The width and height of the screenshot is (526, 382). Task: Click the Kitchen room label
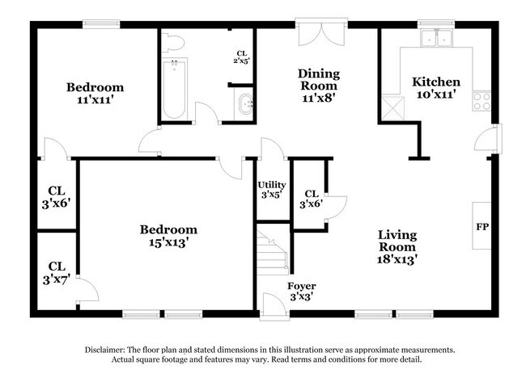(x=435, y=88)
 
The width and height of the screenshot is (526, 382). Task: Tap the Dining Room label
(x=319, y=85)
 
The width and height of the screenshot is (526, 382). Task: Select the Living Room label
(x=397, y=247)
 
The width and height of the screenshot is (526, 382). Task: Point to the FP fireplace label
(x=482, y=227)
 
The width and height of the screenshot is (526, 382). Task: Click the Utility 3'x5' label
(x=272, y=190)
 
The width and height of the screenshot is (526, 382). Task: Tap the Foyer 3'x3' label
(x=302, y=292)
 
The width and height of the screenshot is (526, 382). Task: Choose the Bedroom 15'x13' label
(x=168, y=236)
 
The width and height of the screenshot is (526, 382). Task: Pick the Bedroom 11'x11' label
(x=95, y=93)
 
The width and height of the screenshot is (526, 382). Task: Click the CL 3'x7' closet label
(x=57, y=273)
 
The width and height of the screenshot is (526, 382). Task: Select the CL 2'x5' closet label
(x=241, y=57)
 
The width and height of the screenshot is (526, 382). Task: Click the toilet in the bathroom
(x=172, y=43)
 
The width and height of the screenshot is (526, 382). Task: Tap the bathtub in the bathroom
(x=174, y=88)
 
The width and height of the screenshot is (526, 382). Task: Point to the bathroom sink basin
(x=245, y=104)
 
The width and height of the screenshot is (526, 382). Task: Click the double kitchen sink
(x=436, y=38)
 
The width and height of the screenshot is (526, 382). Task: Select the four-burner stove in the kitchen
(x=481, y=102)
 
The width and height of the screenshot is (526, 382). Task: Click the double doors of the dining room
(x=321, y=32)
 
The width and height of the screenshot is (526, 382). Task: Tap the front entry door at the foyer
(x=274, y=306)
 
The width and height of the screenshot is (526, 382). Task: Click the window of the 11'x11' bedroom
(x=101, y=23)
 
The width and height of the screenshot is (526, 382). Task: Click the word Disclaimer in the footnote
(x=105, y=350)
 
